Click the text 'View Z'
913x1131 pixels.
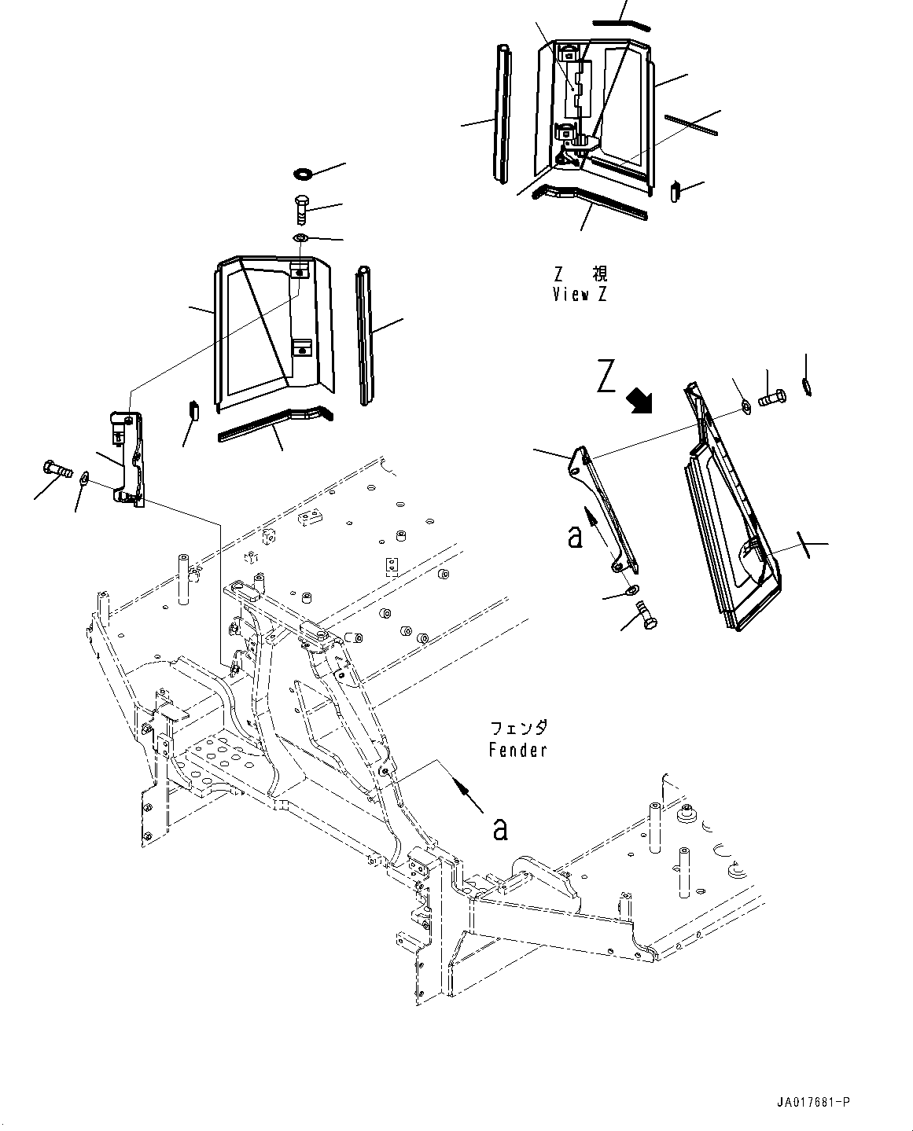click(x=580, y=295)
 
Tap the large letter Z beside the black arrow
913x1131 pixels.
click(x=606, y=376)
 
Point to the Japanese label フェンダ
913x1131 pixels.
click(x=517, y=728)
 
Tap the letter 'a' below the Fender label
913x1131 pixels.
click(x=499, y=828)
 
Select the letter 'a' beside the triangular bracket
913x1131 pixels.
click(x=576, y=537)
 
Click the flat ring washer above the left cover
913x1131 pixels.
click(x=303, y=173)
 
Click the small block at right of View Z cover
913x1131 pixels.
click(x=675, y=190)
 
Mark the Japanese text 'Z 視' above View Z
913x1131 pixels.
click(x=580, y=274)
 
